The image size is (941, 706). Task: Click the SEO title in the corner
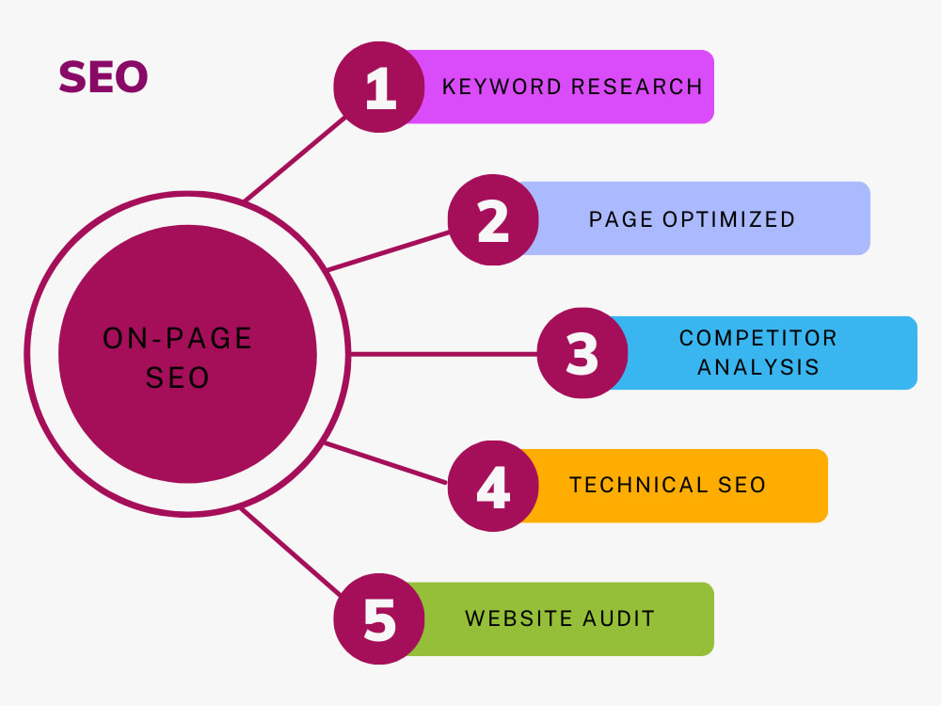104,77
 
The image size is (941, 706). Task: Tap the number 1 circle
379,87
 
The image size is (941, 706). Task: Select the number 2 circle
493,219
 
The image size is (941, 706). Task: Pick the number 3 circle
582,353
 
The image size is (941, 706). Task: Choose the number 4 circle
493,486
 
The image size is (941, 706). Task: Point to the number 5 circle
379,618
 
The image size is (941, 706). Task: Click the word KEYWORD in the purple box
502,87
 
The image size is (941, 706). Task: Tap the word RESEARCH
637,87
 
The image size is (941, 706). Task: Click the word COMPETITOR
758,338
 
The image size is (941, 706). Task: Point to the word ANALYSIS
758,367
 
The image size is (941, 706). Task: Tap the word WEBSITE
517,618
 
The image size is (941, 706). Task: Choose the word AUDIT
618,618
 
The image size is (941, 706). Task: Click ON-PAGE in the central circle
177,338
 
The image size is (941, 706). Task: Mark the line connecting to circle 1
295,158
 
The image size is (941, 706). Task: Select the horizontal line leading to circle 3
443,354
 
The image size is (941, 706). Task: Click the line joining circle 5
291,552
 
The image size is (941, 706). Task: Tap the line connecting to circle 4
385,463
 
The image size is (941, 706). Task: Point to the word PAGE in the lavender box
621,219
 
